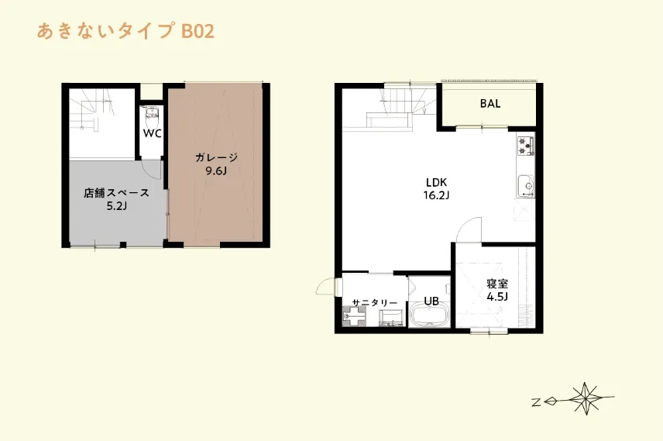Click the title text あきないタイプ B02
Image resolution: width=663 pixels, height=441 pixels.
[x=125, y=32]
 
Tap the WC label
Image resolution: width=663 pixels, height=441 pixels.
[x=152, y=133]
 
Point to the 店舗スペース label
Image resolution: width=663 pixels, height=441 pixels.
[x=116, y=193]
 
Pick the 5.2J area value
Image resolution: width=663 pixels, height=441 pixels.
[x=116, y=206]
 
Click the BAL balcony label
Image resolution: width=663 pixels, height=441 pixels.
[x=490, y=104]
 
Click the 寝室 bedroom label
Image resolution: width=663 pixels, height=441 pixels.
[x=496, y=283]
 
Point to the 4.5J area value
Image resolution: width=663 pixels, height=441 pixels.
[x=496, y=296]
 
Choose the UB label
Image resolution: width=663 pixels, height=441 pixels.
[x=431, y=301]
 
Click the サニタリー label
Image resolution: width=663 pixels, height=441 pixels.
[x=374, y=302]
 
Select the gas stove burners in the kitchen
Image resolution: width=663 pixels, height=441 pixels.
[x=526, y=145]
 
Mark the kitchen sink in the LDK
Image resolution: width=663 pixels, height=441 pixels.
[x=525, y=185]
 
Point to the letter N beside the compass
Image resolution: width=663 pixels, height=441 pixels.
[x=536, y=401]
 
